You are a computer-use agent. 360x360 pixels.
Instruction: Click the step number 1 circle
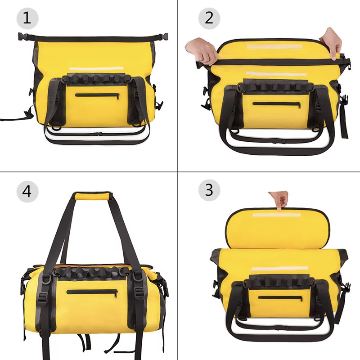coord(27,18)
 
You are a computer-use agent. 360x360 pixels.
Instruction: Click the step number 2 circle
coord(209,18)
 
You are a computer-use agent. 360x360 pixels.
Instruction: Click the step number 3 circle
coord(209,190)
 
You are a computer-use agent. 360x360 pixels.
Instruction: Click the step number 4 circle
coord(27,191)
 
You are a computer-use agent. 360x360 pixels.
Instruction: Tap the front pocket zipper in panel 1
coord(97,95)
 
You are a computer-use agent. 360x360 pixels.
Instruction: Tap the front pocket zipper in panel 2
coord(277,104)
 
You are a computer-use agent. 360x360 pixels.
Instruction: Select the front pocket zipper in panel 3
coord(280,298)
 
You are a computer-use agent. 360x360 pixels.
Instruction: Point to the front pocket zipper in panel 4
coord(92,292)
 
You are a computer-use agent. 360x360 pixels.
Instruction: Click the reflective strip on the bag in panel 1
coord(96,69)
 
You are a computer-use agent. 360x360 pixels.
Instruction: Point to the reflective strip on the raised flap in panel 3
coord(277,216)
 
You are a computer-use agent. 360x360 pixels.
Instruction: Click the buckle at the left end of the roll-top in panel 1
coord(23,36)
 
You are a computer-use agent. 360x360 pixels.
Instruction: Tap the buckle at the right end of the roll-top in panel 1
coord(163,37)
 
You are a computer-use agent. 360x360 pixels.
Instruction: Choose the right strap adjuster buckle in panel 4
coord(140,292)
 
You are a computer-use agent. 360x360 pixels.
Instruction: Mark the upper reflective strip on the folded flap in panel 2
coord(274,47)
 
